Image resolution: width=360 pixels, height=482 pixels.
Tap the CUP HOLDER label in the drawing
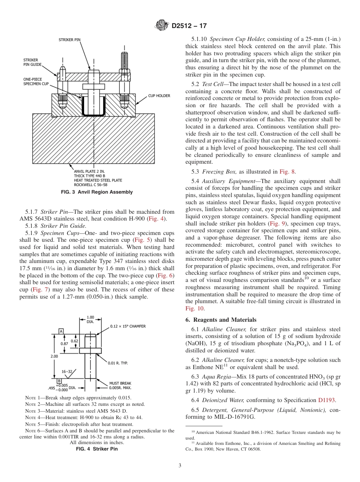coord(159,96)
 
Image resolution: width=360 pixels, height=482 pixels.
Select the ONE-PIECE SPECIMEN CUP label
coord(36,81)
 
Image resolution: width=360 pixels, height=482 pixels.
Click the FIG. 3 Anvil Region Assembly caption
coord(97,192)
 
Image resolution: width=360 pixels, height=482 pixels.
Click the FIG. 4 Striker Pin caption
coord(97,449)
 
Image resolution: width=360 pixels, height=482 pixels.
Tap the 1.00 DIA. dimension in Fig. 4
coord(90,319)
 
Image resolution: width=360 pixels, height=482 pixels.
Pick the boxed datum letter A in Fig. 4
coord(61,331)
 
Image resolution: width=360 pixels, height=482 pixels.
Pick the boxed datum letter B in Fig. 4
coord(59,380)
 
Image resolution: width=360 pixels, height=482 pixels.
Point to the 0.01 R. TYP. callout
coord(117,363)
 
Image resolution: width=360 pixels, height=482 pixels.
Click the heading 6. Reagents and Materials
coord(221,320)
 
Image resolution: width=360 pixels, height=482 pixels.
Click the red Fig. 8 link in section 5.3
coord(287,171)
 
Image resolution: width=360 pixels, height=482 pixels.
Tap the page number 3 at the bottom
coord(180,465)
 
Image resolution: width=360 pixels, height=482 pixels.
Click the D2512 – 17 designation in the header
coord(189,26)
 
